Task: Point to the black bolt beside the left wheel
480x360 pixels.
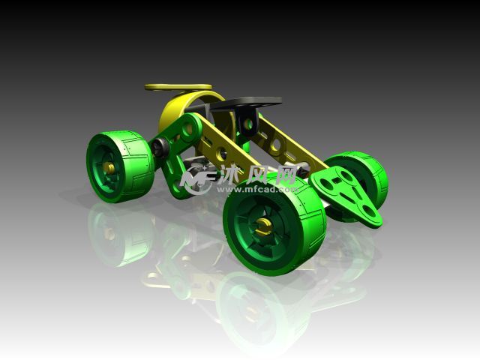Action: pyautogui.click(x=160, y=146)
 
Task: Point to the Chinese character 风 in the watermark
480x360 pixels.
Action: pyautogui.click(x=259, y=175)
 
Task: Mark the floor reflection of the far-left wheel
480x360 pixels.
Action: pyautogui.click(x=120, y=236)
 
